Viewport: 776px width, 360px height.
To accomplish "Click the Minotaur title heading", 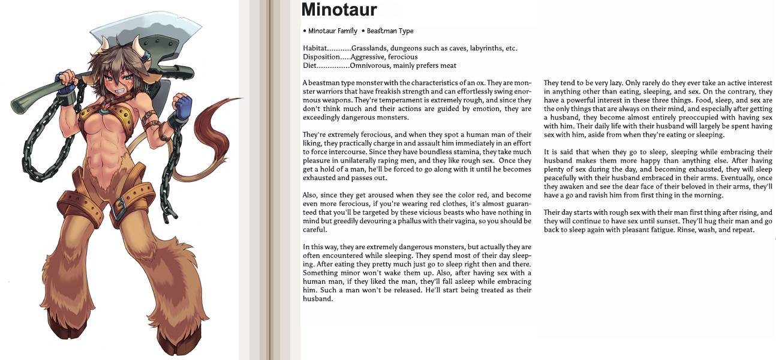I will (x=339, y=10).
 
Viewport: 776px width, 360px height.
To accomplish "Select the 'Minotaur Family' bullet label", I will (x=332, y=31).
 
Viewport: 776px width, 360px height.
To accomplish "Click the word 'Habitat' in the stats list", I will (x=315, y=48).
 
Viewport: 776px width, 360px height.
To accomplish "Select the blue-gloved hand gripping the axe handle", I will (x=65, y=79).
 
